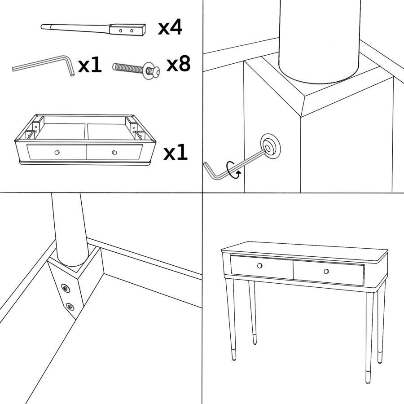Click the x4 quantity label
click(x=170, y=27)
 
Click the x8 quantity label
click(x=178, y=63)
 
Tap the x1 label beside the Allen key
click(x=90, y=65)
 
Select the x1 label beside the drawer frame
click(x=176, y=152)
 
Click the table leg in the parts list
click(x=93, y=30)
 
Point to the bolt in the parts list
click(x=136, y=70)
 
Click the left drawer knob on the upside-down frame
click(x=57, y=152)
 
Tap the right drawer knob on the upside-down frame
click(x=114, y=153)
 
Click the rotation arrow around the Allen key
click(x=233, y=170)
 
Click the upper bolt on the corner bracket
click(x=66, y=288)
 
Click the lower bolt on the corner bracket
click(x=70, y=307)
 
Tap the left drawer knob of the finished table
click(x=259, y=266)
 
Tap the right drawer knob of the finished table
click(x=326, y=271)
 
